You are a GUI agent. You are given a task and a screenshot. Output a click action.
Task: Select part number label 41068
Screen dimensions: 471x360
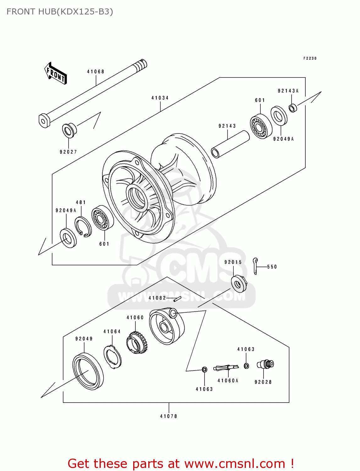(x=95, y=72)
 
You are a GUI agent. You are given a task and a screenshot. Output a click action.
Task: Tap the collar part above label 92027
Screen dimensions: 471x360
(x=69, y=130)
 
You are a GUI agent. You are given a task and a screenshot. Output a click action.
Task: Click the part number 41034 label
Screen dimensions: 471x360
(x=160, y=98)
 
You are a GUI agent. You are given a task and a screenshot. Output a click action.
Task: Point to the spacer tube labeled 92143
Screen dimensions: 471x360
(x=230, y=144)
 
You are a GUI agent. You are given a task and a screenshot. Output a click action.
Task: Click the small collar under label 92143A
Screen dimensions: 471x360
(x=293, y=108)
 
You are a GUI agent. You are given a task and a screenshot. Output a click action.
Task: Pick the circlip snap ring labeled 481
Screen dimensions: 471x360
(x=83, y=227)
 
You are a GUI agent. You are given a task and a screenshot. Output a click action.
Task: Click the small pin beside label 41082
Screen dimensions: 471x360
(x=177, y=299)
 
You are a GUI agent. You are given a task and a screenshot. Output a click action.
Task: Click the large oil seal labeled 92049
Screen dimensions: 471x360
(x=88, y=371)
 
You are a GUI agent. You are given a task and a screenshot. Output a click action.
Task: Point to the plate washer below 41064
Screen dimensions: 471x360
(x=112, y=356)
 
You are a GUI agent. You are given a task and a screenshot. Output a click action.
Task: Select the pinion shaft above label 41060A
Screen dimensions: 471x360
(x=226, y=367)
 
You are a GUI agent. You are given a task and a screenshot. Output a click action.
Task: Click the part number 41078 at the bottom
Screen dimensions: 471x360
(x=169, y=416)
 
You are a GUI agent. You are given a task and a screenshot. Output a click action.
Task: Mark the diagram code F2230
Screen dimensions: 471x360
(x=310, y=58)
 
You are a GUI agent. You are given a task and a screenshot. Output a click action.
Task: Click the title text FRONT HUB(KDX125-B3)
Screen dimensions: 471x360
(x=60, y=12)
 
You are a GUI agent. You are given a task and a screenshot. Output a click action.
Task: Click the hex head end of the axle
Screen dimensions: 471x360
(x=44, y=121)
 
